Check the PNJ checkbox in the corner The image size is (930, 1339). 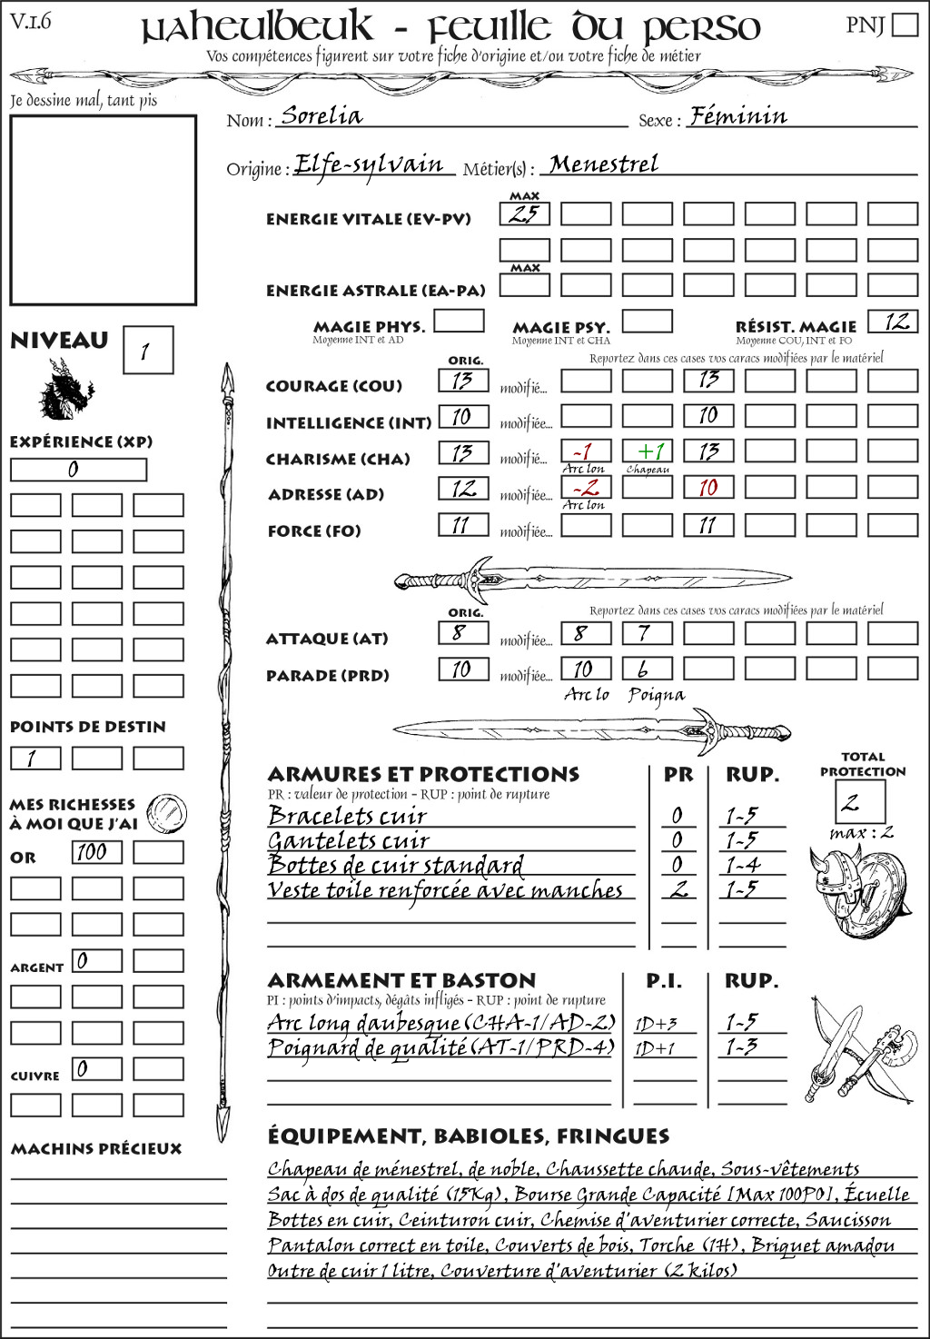tap(905, 24)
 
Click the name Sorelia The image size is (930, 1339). tap(322, 115)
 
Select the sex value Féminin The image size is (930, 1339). tap(737, 115)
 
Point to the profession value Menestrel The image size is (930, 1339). tap(604, 164)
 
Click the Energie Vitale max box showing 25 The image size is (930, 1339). tap(524, 214)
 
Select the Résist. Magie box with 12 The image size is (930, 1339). tap(893, 322)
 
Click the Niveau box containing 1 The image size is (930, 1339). tap(147, 351)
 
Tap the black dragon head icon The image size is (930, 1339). tap(65, 390)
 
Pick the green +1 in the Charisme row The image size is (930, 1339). tap(648, 451)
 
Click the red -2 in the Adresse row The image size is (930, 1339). tap(586, 488)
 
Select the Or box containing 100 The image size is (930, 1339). tap(96, 852)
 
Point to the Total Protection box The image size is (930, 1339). tap(859, 801)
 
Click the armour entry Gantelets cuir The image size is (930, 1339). tap(348, 841)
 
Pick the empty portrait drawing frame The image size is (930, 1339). tap(103, 210)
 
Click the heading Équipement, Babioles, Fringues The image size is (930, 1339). tap(468, 1136)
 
